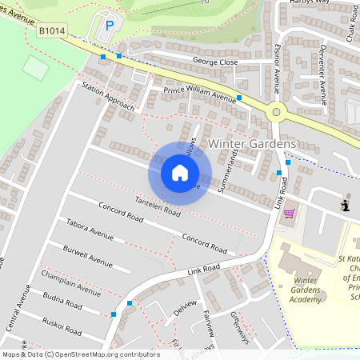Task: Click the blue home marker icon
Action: click(180, 172)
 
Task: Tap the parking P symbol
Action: click(109, 26)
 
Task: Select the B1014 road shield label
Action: click(50, 30)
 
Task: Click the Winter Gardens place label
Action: click(251, 143)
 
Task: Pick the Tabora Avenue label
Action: click(90, 230)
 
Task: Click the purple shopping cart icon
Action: click(289, 214)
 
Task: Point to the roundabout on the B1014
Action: click(278, 111)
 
